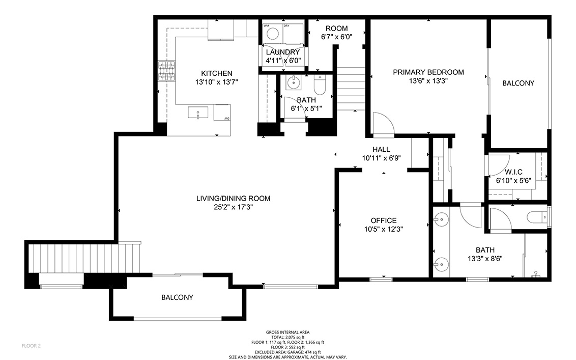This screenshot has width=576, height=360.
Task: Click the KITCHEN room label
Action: click(216, 73)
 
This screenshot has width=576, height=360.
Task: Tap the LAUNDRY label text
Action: click(283, 52)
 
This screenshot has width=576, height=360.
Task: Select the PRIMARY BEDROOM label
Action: click(428, 72)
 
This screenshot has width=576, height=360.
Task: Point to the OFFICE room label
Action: click(384, 220)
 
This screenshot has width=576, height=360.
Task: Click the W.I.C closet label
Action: click(513, 172)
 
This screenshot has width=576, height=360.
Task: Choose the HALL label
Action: click(381, 149)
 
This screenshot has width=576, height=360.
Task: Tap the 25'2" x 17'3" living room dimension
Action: click(233, 207)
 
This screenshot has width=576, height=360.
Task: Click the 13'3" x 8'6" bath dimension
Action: click(485, 259)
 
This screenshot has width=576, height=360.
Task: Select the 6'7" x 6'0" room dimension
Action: click(337, 37)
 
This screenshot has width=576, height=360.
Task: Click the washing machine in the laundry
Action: click(273, 34)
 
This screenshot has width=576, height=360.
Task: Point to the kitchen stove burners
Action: click(166, 71)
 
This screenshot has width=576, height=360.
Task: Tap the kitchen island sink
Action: click(198, 113)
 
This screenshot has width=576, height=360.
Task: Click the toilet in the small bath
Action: click(320, 86)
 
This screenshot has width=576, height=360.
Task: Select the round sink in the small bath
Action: click(294, 82)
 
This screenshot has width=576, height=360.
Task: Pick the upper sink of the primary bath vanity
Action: click(441, 220)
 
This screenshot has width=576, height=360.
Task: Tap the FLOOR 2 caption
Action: click(31, 346)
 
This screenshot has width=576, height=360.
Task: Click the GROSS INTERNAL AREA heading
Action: click(287, 333)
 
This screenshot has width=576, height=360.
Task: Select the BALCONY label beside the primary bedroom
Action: click(519, 83)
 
